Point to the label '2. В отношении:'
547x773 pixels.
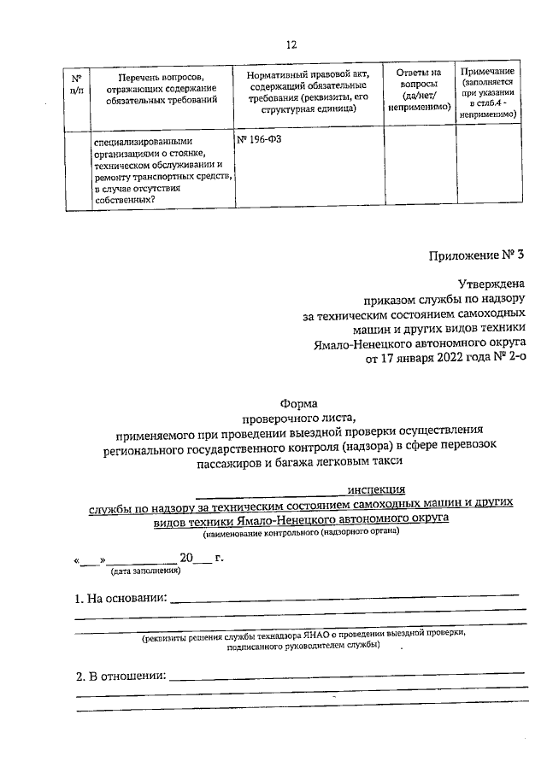tap(120, 676)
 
